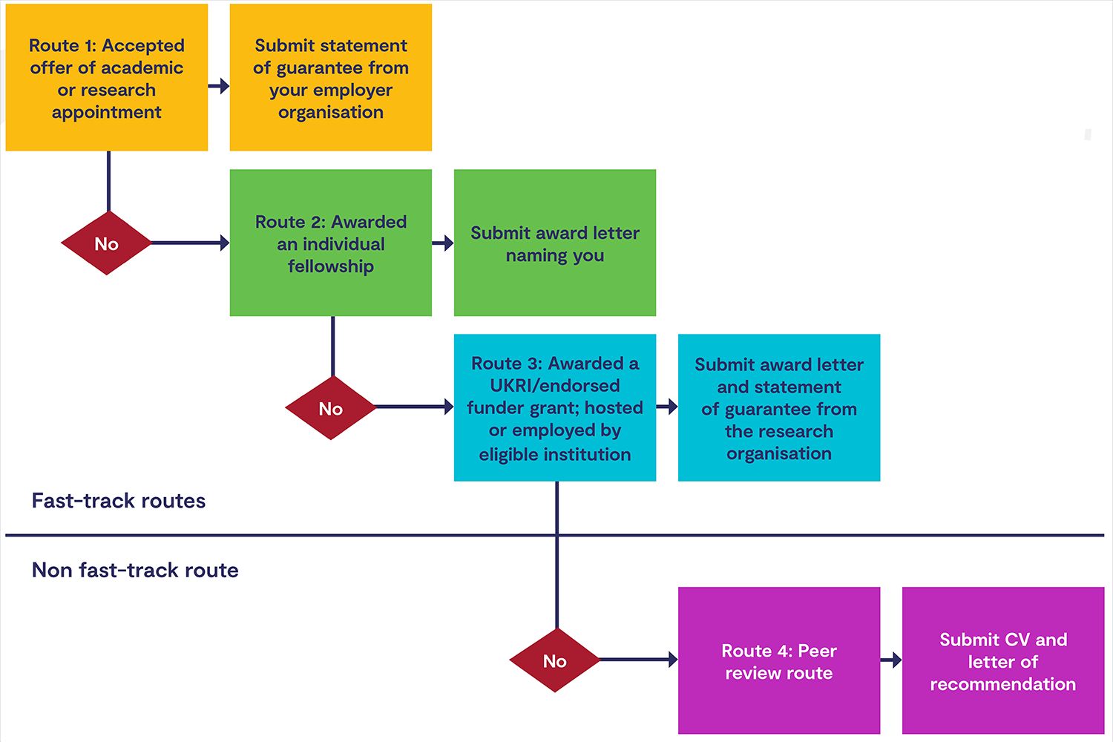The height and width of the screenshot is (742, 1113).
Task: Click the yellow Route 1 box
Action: coord(107,78)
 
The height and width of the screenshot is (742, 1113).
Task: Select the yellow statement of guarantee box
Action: coord(331,78)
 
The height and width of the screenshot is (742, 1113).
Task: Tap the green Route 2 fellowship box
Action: coord(331,243)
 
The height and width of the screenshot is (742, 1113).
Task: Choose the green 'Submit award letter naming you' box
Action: coord(555,243)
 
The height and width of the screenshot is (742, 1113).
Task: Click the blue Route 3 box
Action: coord(555,407)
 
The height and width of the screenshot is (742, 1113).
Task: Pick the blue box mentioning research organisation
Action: coord(779,407)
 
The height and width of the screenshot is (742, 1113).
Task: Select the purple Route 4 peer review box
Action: coord(779,660)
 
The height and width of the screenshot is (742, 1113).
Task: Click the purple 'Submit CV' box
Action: coord(1003,660)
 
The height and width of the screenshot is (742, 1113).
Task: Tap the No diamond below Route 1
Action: coord(106,243)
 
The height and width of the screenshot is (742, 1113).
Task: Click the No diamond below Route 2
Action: coord(330,408)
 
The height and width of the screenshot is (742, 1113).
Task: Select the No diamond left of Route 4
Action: coord(554,660)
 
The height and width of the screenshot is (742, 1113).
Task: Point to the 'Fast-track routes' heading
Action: coord(119,501)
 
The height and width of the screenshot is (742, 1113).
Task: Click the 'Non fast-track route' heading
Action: coord(135,570)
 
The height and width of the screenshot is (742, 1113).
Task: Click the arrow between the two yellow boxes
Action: coord(219,86)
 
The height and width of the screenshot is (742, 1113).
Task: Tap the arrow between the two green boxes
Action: coord(443,243)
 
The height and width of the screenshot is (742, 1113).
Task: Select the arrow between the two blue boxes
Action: coord(667,407)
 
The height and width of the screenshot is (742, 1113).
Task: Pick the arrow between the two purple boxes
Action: coord(891,660)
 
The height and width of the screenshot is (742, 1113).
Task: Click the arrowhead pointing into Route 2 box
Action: coord(224,243)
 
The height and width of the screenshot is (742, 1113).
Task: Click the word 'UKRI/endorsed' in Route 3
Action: coord(555,386)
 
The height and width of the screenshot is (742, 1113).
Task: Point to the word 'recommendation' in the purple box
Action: coord(1003,684)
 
